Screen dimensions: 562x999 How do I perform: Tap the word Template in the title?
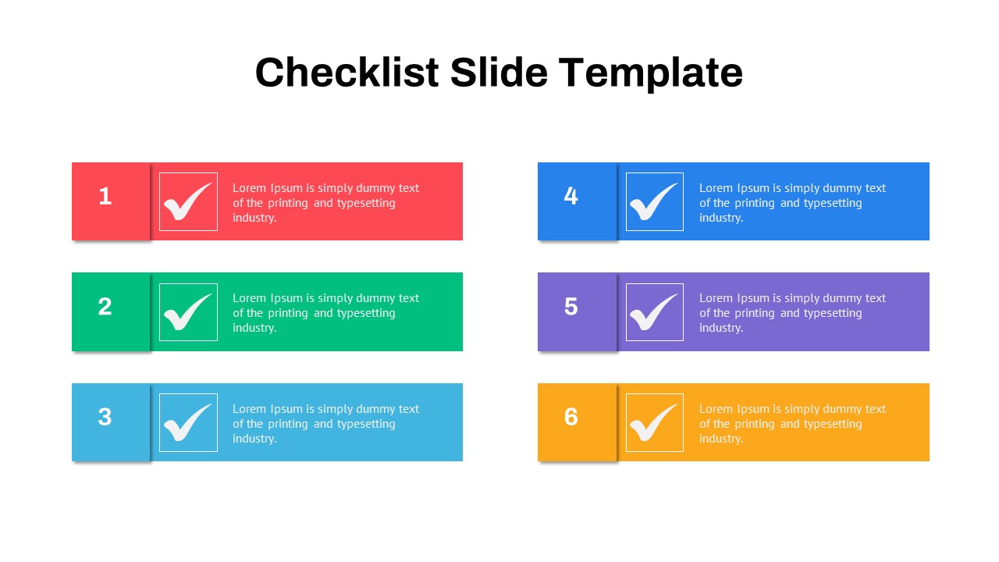(x=651, y=73)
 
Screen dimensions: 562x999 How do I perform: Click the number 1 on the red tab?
(x=105, y=197)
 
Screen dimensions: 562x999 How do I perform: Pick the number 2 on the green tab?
(x=105, y=307)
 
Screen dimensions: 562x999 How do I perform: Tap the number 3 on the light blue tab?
(x=105, y=418)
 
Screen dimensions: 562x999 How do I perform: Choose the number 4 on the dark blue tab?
(x=571, y=197)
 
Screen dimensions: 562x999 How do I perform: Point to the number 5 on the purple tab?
(x=571, y=307)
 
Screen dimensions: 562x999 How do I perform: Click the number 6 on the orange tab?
(x=571, y=418)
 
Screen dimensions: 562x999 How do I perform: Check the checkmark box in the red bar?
(x=188, y=201)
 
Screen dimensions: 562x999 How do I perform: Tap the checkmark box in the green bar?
(x=188, y=312)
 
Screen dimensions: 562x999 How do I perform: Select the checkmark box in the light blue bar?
(x=188, y=422)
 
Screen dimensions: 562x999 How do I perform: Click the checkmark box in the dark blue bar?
(x=654, y=201)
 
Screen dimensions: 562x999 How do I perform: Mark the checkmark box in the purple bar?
(x=654, y=312)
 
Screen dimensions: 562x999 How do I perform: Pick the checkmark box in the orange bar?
(x=654, y=422)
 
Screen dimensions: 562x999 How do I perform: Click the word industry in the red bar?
(x=254, y=218)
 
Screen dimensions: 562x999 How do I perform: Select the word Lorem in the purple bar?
(x=716, y=298)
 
